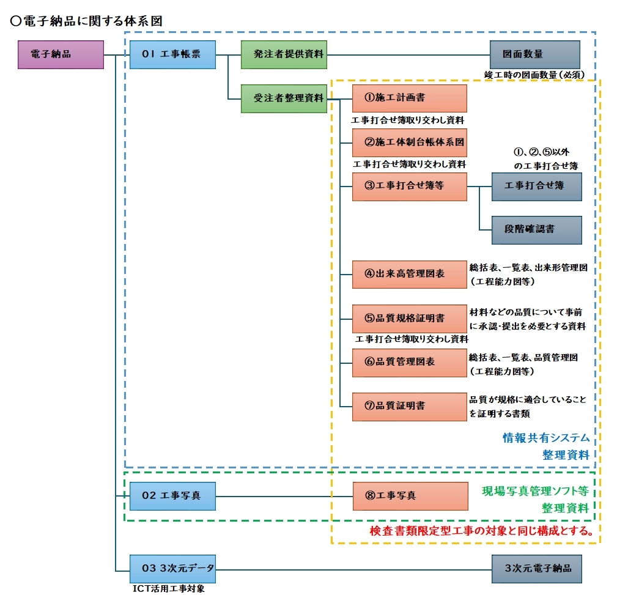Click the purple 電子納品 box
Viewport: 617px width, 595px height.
(60, 54)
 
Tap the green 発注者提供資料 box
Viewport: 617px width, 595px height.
(283, 54)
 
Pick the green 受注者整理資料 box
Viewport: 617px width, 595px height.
(283, 98)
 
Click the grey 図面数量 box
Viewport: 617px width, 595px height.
(535, 54)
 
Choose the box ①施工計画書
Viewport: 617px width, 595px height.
(409, 98)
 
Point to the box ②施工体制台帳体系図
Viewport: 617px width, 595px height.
(409, 142)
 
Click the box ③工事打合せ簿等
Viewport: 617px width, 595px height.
(409, 187)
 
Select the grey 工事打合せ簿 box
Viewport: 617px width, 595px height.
(536, 187)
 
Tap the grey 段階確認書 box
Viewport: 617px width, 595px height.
(536, 231)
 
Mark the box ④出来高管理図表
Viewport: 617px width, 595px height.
(409, 275)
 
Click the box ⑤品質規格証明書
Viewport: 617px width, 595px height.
(409, 319)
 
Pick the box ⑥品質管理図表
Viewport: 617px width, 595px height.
(409, 362)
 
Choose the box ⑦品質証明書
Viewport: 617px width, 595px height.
(409, 406)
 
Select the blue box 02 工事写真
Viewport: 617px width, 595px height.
(173, 495)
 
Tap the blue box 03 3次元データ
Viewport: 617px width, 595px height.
(173, 569)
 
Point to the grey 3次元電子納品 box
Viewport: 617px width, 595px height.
(536, 569)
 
